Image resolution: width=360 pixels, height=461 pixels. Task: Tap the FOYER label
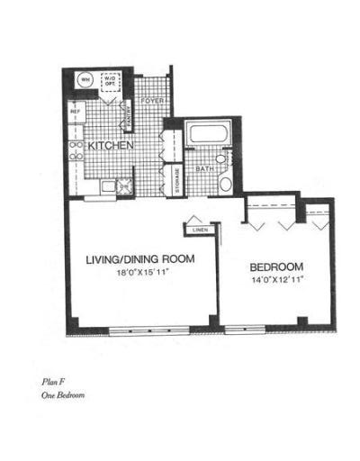[x=151, y=101]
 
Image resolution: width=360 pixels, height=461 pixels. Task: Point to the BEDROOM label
[x=275, y=267]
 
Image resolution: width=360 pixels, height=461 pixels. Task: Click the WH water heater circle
[x=86, y=80]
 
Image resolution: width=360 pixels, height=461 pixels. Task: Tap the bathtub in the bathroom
[x=209, y=137]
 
